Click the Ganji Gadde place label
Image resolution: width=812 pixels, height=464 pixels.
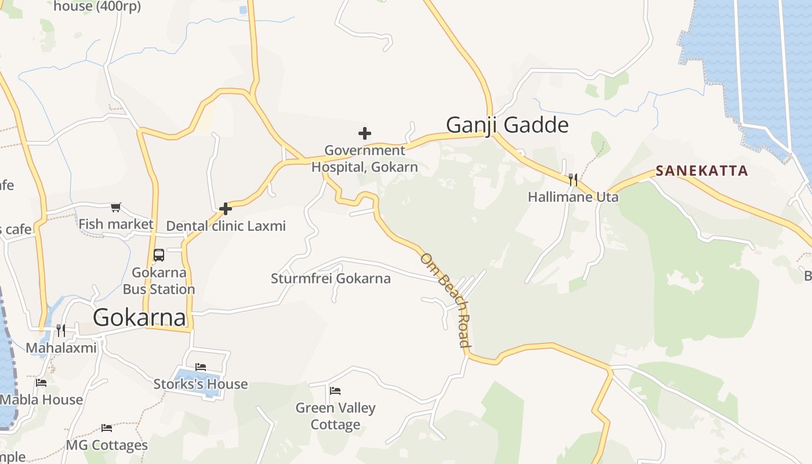pyautogui.click(x=507, y=125)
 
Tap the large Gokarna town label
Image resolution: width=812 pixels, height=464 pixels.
pyautogui.click(x=139, y=317)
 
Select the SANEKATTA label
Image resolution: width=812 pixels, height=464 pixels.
pyautogui.click(x=702, y=171)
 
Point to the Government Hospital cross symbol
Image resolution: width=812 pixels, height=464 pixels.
pyautogui.click(x=364, y=133)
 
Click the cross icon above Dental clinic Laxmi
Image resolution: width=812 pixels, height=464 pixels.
pyautogui.click(x=226, y=208)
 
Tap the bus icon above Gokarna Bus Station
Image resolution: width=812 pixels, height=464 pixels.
pyautogui.click(x=158, y=255)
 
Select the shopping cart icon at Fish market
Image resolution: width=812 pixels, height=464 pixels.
pyautogui.click(x=116, y=207)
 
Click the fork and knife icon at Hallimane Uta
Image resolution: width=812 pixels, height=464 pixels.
pyautogui.click(x=573, y=179)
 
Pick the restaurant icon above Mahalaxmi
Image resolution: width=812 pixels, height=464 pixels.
pyautogui.click(x=60, y=331)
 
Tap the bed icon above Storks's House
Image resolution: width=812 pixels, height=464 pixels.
pyautogui.click(x=201, y=367)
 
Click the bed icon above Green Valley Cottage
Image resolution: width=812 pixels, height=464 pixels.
pyautogui.click(x=335, y=390)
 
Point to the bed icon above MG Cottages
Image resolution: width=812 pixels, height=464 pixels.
pyautogui.click(x=107, y=428)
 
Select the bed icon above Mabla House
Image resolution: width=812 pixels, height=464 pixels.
pyautogui.click(x=41, y=383)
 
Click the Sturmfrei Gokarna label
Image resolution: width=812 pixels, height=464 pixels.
pyautogui.click(x=331, y=278)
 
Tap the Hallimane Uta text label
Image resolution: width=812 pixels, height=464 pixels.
pyautogui.click(x=573, y=197)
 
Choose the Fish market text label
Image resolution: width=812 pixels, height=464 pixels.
pyautogui.click(x=116, y=224)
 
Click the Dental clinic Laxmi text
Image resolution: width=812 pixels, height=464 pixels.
pyautogui.click(x=226, y=226)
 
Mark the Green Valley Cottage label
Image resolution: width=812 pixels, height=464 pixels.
pyautogui.click(x=335, y=416)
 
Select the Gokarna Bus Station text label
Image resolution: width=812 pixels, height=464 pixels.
pyautogui.click(x=158, y=281)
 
